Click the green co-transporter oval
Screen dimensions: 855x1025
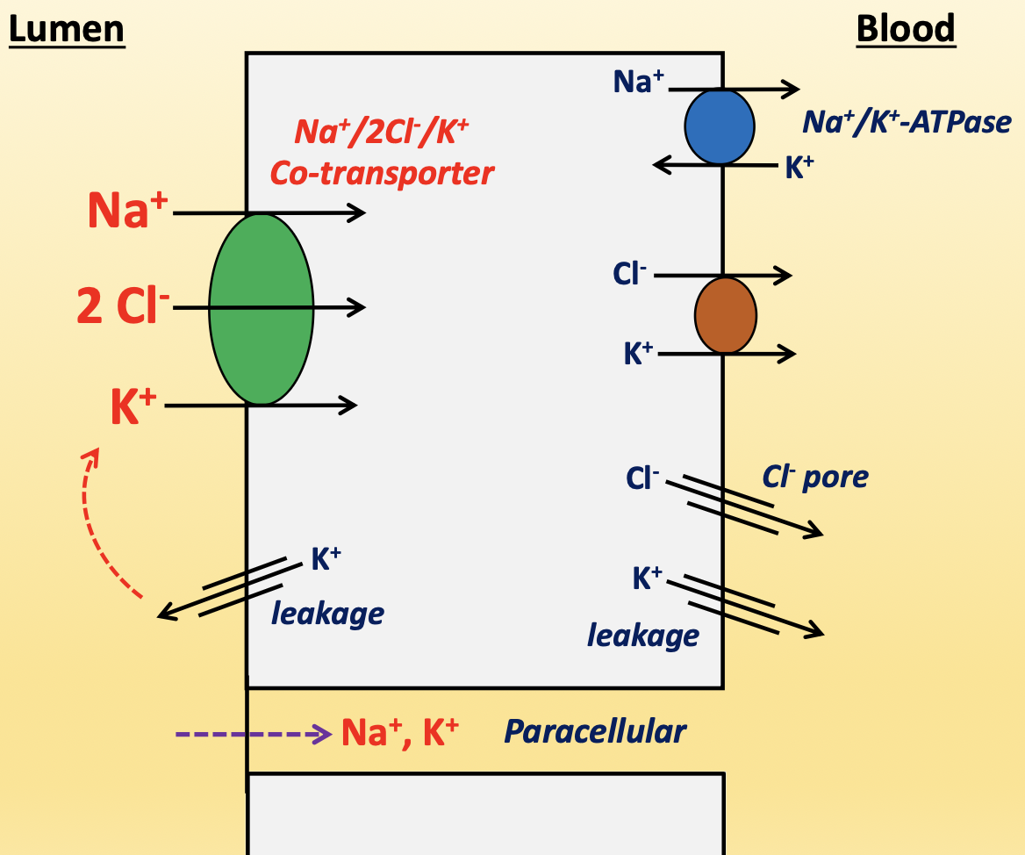262,309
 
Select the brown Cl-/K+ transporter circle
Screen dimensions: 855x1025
725,315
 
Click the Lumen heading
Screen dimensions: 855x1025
67,29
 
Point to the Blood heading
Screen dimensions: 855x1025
905,29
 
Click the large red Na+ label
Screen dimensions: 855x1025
127,212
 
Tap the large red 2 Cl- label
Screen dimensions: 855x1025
123,308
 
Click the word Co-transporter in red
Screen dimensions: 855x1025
382,173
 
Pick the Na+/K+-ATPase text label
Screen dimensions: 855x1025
907,122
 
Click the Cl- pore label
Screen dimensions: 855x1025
814,477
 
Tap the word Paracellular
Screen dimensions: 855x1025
594,731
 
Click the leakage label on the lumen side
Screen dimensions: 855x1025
327,613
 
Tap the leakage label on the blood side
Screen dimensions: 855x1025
642,635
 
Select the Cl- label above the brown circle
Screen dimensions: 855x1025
629,274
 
